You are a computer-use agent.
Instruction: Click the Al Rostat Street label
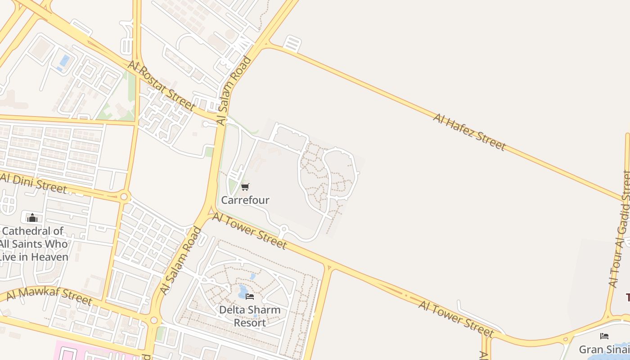[162, 85]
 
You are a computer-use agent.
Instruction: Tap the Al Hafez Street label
[469, 132]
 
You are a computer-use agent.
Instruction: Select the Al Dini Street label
[33, 182]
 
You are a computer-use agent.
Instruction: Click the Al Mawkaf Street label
[49, 297]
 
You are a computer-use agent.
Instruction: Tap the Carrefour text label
[245, 200]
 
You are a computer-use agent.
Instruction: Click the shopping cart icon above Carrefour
[245, 187]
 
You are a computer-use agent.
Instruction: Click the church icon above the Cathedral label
[32, 218]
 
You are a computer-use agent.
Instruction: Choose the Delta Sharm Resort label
[250, 316]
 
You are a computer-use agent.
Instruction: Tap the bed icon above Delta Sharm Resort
[250, 297]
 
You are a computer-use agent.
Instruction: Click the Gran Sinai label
[603, 349]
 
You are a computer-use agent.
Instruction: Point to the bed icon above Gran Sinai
[604, 336]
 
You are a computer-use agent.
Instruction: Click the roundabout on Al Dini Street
[124, 197]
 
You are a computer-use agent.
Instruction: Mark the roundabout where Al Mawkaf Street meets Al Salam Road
[154, 320]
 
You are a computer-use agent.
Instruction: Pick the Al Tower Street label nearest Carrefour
[249, 231]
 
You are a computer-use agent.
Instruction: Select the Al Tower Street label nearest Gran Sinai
[456, 319]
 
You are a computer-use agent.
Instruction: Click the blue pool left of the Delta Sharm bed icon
[243, 292]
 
